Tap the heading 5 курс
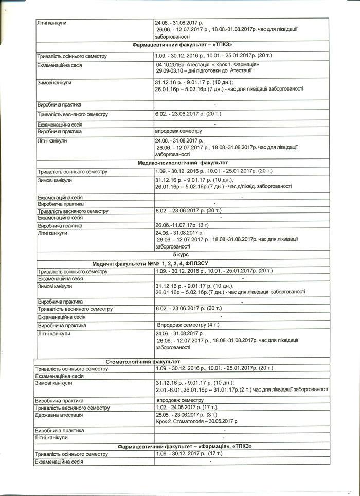pos(181,255)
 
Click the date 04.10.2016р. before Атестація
pos(173,64)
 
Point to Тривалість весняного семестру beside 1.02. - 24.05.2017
pos(71,408)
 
